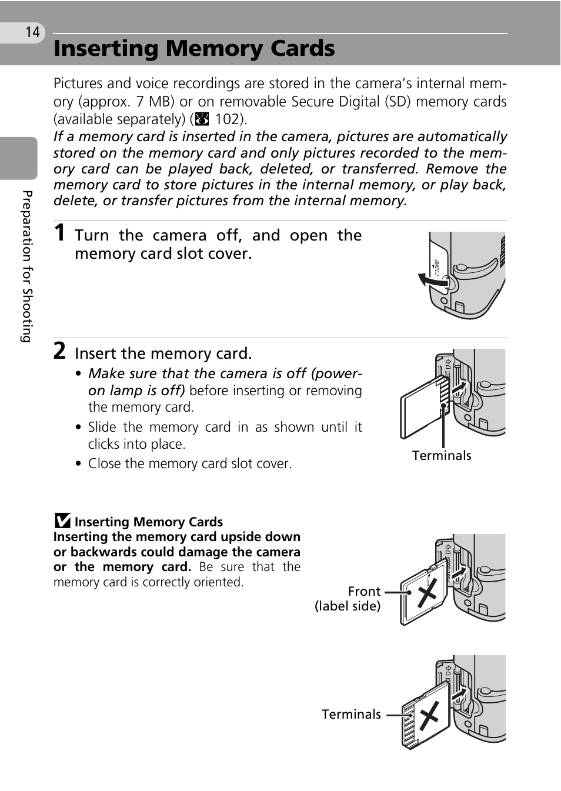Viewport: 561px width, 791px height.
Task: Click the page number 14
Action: click(32, 32)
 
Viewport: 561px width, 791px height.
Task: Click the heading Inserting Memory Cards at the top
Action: click(194, 49)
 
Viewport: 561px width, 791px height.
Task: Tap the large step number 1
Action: click(59, 233)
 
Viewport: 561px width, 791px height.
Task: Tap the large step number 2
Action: click(59, 351)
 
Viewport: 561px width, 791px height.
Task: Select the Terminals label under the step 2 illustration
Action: click(442, 456)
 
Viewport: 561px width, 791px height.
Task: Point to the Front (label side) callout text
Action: click(348, 599)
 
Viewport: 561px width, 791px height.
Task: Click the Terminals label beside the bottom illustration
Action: click(351, 715)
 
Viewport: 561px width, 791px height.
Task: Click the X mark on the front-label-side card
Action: click(428, 592)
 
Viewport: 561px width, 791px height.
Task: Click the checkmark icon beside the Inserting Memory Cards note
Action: click(62, 521)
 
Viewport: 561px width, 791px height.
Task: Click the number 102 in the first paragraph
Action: click(228, 119)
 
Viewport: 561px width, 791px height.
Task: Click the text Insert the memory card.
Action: click(163, 353)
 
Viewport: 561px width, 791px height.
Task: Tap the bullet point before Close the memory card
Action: click(79, 464)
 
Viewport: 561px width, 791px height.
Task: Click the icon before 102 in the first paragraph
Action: click(202, 119)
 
